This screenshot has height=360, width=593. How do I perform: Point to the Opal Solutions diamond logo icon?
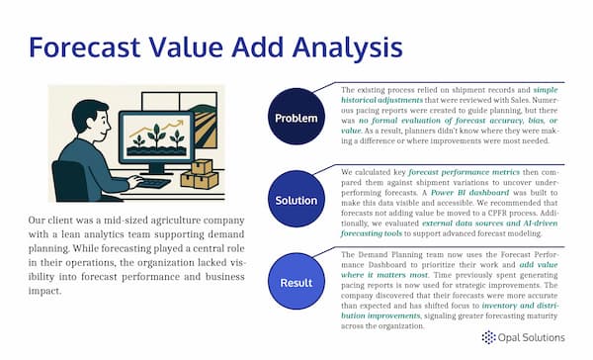tap(489, 338)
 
